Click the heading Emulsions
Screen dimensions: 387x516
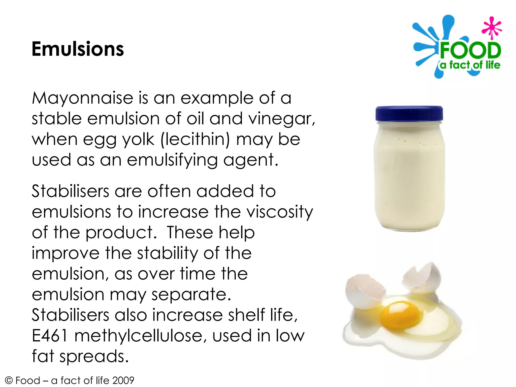[x=78, y=49]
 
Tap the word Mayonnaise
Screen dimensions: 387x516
[x=82, y=98]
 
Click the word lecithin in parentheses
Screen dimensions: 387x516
[x=195, y=139]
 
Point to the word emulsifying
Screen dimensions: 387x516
[x=172, y=160]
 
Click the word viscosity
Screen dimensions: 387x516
[x=279, y=212]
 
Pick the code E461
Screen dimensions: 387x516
[x=50, y=336]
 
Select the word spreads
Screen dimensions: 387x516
[x=94, y=356]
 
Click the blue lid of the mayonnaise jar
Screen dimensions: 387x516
[x=409, y=114]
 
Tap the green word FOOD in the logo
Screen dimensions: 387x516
[x=470, y=50]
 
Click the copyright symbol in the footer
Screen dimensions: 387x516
[x=9, y=380]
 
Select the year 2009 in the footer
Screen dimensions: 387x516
[x=123, y=380]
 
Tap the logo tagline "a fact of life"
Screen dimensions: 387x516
[x=470, y=65]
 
